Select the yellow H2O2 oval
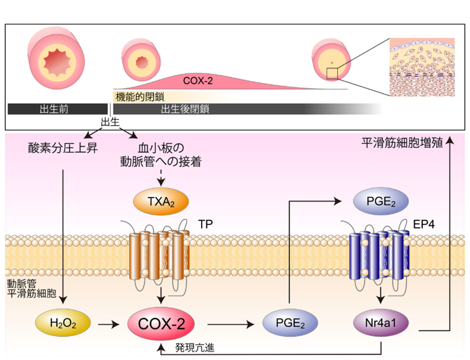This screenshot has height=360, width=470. coord(63,324)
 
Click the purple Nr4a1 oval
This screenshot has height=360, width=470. coord(380,324)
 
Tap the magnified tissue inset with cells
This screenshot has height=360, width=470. coord(422,67)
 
